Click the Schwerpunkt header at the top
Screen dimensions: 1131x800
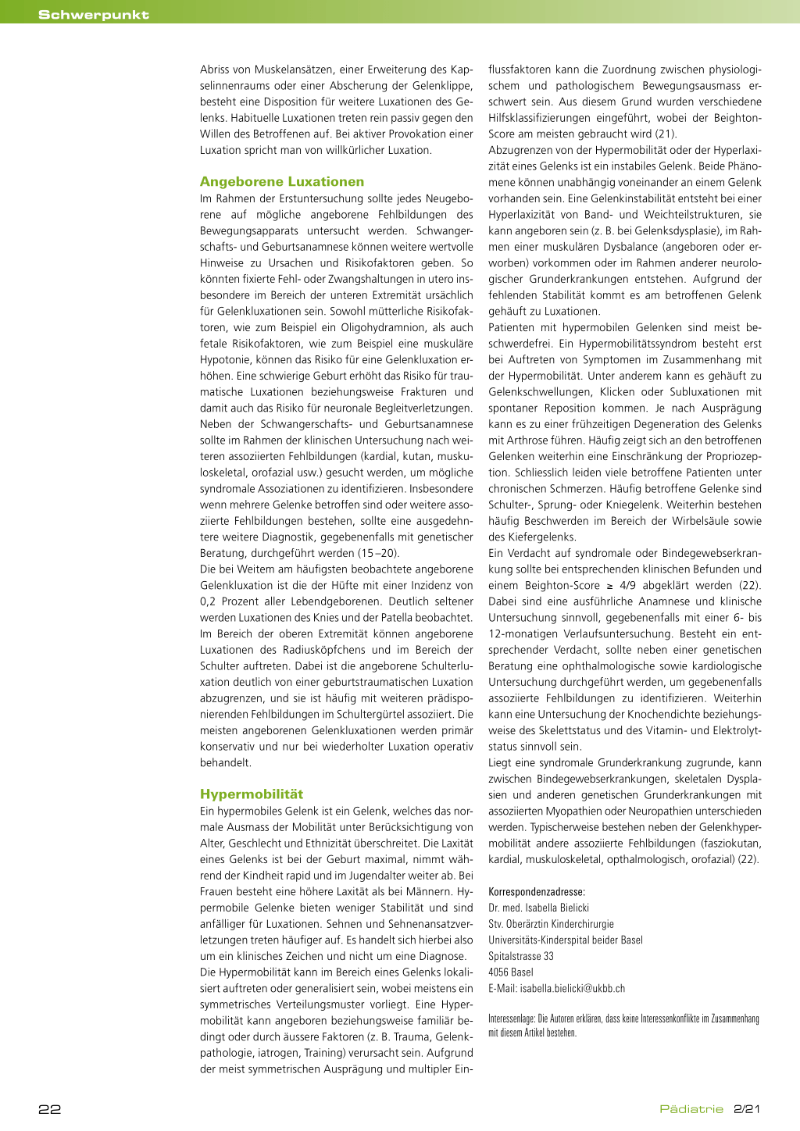[94, 15]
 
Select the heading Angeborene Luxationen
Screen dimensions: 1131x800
[282, 182]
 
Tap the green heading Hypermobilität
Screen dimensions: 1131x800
[252, 794]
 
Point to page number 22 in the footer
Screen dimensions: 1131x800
[50, 1109]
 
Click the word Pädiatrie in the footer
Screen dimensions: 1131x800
[691, 1109]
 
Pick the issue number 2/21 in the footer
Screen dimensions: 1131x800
[747, 1109]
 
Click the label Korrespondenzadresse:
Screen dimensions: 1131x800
[537, 892]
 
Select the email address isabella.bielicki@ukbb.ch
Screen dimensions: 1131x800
[573, 989]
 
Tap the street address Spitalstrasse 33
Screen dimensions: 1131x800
[521, 956]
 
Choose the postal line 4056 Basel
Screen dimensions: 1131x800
[511, 972]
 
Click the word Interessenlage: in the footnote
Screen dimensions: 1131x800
[512, 1019]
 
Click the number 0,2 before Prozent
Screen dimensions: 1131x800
[208, 601]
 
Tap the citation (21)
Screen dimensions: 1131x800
[666, 134]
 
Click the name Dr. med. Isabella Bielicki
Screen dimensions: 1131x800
[539, 908]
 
